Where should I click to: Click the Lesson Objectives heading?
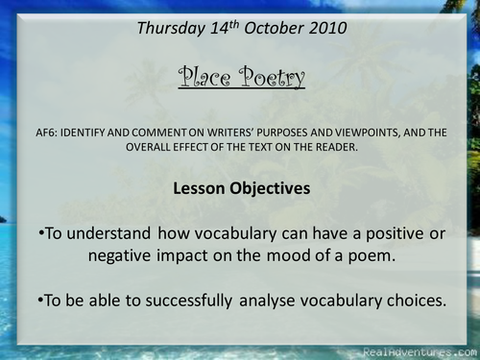[x=241, y=189]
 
